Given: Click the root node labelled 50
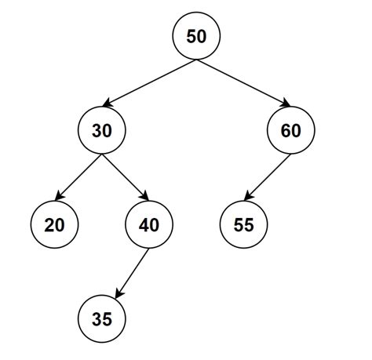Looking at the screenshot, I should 196,37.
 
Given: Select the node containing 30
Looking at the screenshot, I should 102,131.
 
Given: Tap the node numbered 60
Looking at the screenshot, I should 290,131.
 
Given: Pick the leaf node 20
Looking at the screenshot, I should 55,225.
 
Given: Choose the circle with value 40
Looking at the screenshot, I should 149,225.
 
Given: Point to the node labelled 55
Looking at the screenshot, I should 243,225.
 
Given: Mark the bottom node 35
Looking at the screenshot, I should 102,319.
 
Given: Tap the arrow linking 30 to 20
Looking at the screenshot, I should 78,178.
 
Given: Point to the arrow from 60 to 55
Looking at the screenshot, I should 267,178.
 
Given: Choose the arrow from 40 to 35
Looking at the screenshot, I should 132,272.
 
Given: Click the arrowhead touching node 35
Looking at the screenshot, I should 117,294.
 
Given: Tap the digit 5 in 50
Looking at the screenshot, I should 191,37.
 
